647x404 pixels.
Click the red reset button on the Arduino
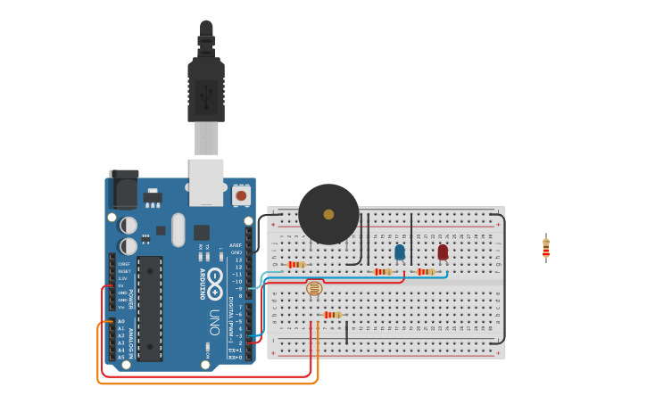[241, 194]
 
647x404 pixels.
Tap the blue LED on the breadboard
[399, 252]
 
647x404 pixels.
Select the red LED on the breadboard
[443, 252]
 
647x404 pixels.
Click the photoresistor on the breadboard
[314, 288]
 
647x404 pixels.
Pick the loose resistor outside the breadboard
[546, 249]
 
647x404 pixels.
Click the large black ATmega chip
[150, 309]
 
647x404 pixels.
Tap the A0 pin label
[121, 321]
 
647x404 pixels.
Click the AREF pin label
[236, 245]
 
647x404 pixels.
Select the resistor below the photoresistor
[332, 315]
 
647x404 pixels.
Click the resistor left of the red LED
[426, 272]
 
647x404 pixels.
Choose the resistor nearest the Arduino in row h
[296, 265]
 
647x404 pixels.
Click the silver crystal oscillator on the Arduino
[178, 229]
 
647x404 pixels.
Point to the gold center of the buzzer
[328, 214]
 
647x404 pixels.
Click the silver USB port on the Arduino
[206, 177]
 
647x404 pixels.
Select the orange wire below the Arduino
[205, 383]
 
